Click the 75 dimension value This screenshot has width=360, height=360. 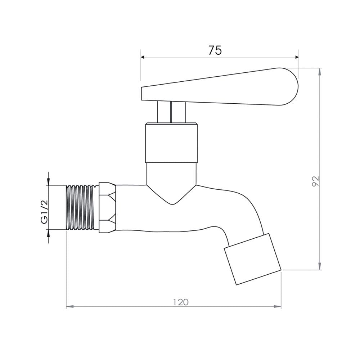pyautogui.click(x=215, y=50)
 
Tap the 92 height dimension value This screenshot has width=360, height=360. pyautogui.click(x=316, y=181)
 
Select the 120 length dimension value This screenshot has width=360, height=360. pyautogui.click(x=181, y=302)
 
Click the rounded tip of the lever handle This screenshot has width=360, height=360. pyautogui.click(x=296, y=86)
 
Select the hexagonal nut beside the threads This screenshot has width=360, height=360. pyautogui.click(x=107, y=208)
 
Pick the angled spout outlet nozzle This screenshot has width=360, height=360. pyautogui.click(x=253, y=259)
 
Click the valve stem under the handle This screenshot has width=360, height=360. pyautogui.click(x=171, y=112)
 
